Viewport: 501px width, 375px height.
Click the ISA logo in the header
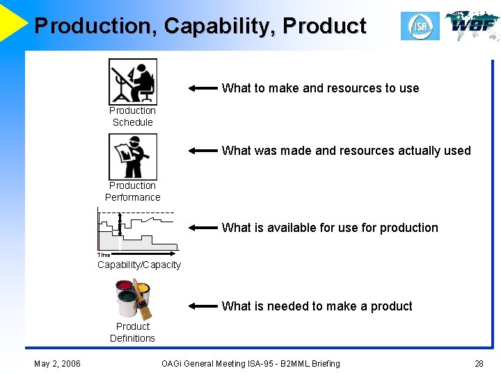click(x=420, y=26)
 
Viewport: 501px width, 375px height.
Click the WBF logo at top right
click(x=472, y=26)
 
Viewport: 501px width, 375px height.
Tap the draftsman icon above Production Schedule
click(x=132, y=81)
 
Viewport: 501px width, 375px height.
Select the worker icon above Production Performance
click(x=132, y=156)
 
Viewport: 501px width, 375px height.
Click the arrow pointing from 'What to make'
click(x=203, y=89)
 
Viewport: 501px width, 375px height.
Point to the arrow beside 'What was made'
click(x=203, y=151)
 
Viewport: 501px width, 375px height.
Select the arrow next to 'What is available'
click(x=203, y=228)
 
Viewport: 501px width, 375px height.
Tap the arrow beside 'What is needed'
click(x=203, y=306)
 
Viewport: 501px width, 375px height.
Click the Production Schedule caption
click(x=132, y=117)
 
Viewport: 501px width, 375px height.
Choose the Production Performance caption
click(x=132, y=192)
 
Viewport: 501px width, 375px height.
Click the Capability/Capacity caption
click(x=139, y=265)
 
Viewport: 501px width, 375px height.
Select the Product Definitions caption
click(x=132, y=333)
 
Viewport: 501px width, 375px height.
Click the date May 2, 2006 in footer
click(x=57, y=363)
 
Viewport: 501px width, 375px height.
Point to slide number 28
click(x=479, y=363)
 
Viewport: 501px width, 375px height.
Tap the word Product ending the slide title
click(x=324, y=26)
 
